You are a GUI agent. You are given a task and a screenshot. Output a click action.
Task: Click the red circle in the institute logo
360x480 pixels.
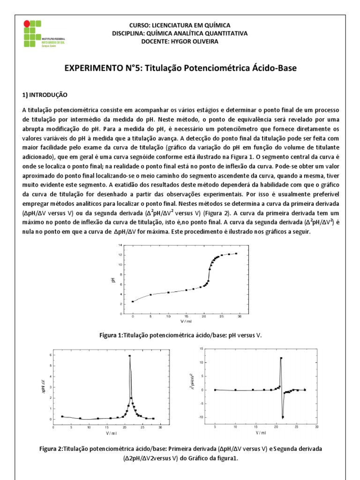point(27,22)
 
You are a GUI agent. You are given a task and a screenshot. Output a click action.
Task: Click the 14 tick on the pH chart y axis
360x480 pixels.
point(120,245)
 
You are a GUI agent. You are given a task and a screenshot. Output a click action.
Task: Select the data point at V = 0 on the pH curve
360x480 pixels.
point(133,301)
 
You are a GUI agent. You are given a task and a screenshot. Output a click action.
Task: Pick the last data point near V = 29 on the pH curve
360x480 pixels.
point(236,254)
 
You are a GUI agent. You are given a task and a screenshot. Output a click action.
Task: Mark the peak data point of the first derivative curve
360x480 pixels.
point(130,356)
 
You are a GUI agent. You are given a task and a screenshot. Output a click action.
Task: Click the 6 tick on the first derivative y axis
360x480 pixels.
point(52,355)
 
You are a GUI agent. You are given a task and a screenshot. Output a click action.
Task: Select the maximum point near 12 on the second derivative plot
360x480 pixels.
point(281,358)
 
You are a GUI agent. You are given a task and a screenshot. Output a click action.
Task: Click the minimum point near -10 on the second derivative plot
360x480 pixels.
point(283,417)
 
